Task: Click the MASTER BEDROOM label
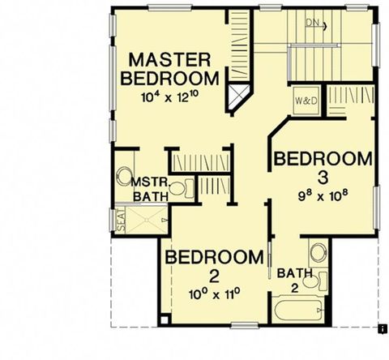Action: [x=169, y=69]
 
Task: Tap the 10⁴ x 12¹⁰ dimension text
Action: [x=170, y=96]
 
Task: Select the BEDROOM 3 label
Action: [x=323, y=168]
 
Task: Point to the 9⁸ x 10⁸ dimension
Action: [x=323, y=195]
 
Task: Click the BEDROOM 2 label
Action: [x=214, y=266]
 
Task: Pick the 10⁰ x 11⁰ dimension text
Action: [x=215, y=294]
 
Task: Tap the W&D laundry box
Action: [x=306, y=101]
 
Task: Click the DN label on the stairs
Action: [x=313, y=23]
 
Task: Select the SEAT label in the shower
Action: [x=122, y=221]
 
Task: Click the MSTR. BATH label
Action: [x=151, y=190]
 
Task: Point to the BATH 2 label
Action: [x=295, y=281]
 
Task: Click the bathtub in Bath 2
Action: [x=298, y=310]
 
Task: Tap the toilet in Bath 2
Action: [x=315, y=281]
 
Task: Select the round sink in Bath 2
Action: [x=318, y=253]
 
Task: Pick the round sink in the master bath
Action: [x=124, y=177]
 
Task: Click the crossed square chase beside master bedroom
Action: [x=238, y=97]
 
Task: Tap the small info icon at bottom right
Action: [x=383, y=328]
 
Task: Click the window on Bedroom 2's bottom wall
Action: [x=245, y=326]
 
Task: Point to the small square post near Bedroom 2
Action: [x=165, y=320]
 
